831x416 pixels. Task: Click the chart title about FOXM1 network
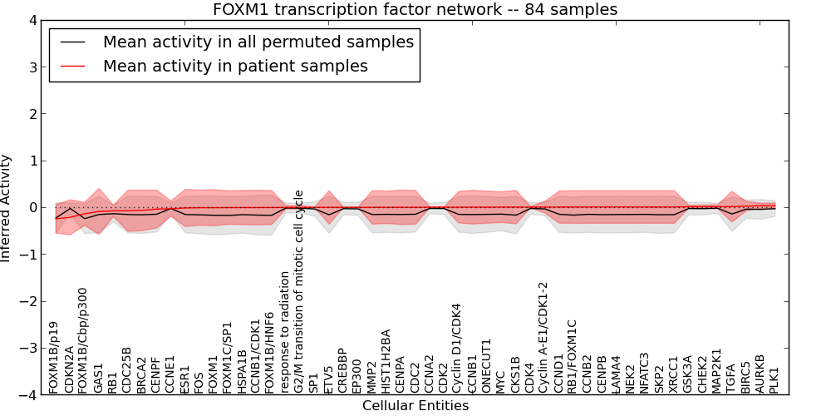(x=415, y=10)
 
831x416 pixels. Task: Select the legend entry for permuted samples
(x=258, y=42)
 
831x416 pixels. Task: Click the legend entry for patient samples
(x=235, y=66)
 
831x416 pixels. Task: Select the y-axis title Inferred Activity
(x=7, y=208)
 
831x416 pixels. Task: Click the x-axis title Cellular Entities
(x=415, y=406)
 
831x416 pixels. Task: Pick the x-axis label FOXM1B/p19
(x=54, y=358)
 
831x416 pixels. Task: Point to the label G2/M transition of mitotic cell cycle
(x=299, y=291)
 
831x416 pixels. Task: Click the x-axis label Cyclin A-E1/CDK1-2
(x=544, y=337)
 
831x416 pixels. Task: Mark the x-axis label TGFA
(x=732, y=378)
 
